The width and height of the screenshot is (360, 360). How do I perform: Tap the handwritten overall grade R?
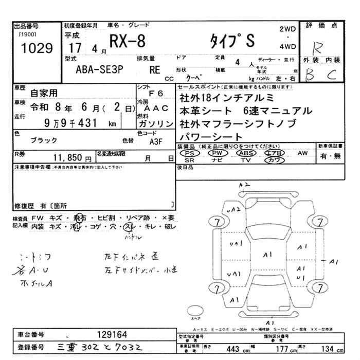[x=317, y=47]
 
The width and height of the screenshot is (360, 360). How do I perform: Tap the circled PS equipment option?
[x=190, y=153]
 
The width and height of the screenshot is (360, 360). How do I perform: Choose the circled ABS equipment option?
[x=246, y=153]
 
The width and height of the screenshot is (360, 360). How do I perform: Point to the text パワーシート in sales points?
[x=211, y=136]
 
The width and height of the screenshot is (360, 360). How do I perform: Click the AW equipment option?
[x=302, y=153]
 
